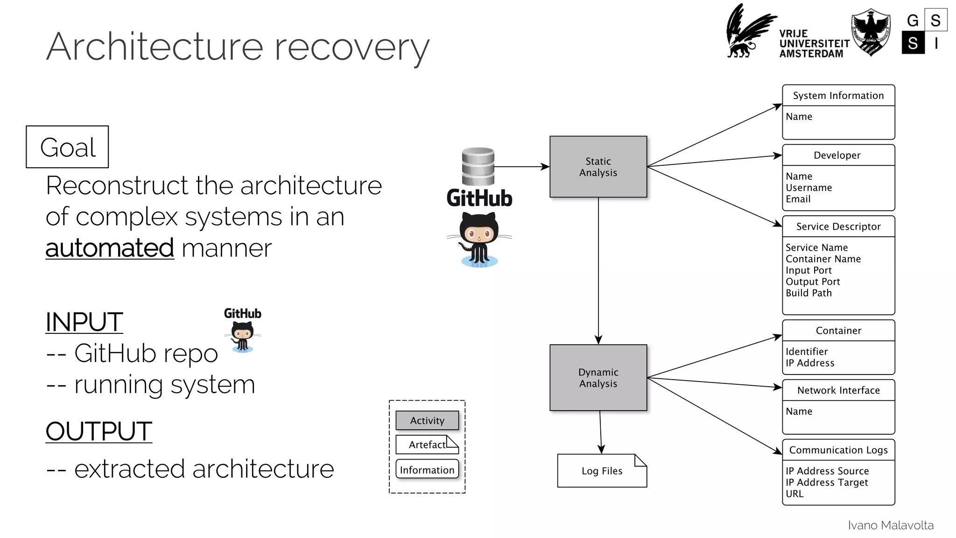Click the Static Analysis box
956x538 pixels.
click(x=598, y=167)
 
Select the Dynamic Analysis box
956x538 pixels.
click(x=598, y=378)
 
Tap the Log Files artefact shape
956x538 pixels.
click(x=602, y=471)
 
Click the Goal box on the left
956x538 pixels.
click(x=67, y=147)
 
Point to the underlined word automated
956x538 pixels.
click(x=110, y=248)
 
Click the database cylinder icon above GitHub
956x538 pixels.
click(x=478, y=166)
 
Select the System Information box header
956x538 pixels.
click(x=838, y=96)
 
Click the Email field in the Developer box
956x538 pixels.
click(x=798, y=199)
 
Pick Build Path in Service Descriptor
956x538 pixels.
click(x=808, y=293)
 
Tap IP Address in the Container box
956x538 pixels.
click(x=809, y=363)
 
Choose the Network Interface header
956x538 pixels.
click(x=838, y=390)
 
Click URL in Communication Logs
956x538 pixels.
click(x=794, y=494)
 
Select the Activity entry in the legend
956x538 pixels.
click(x=427, y=420)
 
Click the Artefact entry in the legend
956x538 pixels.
click(x=427, y=445)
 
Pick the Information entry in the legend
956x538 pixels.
click(x=427, y=470)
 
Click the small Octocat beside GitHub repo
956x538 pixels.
click(x=243, y=337)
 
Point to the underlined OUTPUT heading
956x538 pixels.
click(x=98, y=431)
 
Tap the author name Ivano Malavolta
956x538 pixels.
click(x=890, y=525)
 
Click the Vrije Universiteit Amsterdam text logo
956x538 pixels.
click(x=814, y=44)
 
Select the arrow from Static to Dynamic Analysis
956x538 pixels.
click(x=598, y=271)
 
